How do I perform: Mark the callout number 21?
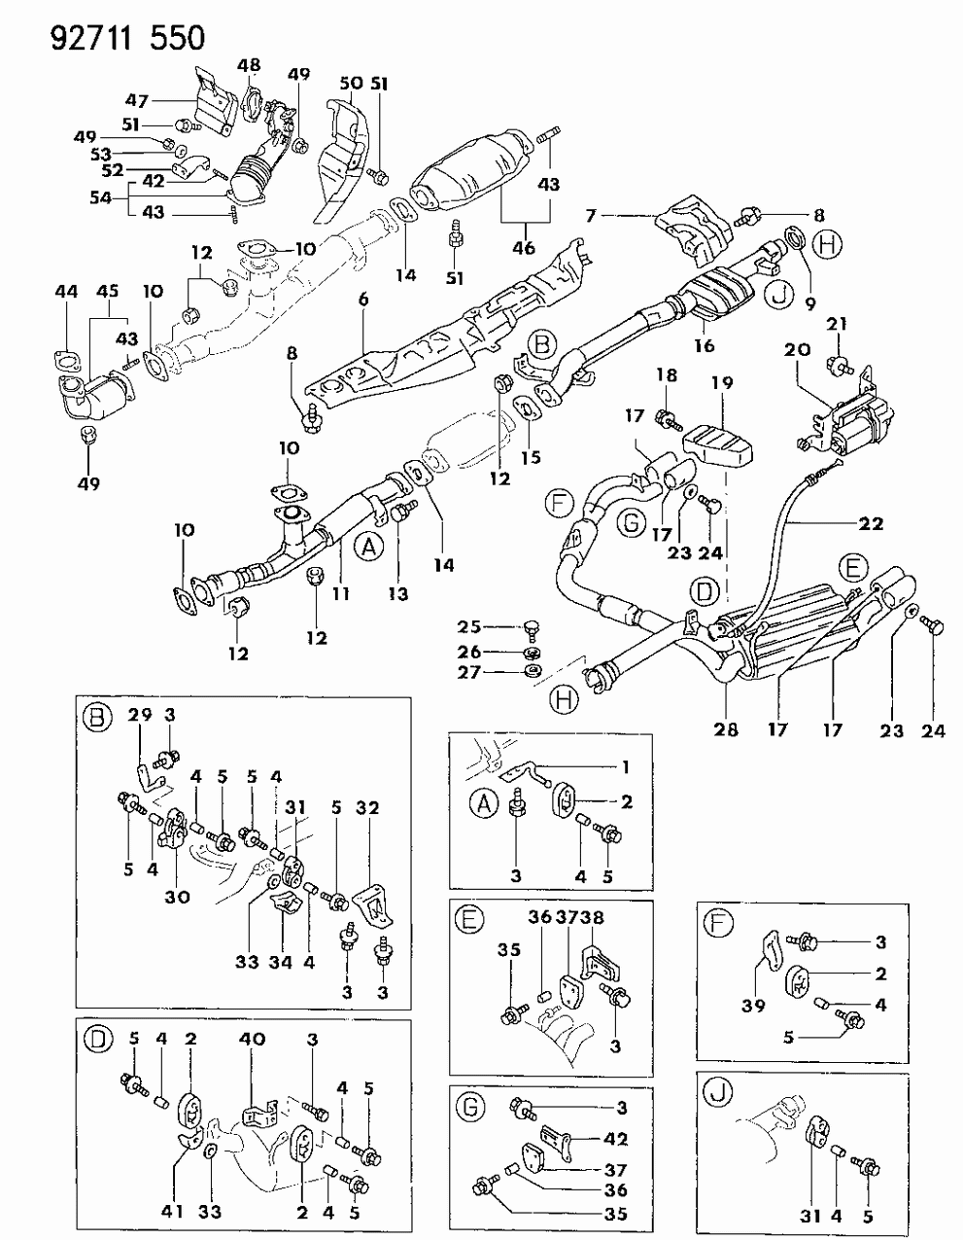841,323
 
